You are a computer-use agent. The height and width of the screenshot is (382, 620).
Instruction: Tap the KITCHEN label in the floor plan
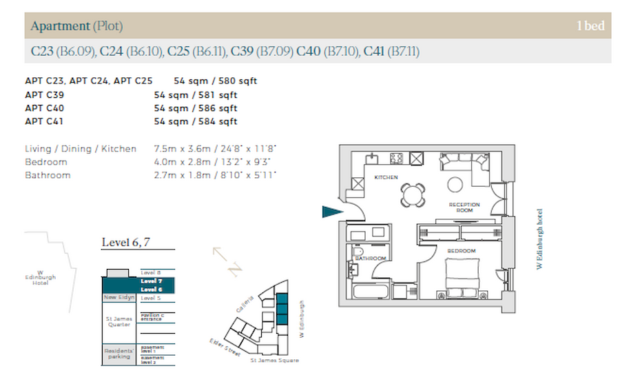point(386,177)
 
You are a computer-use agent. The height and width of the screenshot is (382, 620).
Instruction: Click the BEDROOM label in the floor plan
point(461,250)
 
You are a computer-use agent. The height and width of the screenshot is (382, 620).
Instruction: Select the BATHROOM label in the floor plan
point(369,259)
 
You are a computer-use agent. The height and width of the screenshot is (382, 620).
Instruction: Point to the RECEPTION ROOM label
point(464,207)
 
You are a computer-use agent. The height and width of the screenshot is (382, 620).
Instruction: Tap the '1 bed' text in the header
point(590,26)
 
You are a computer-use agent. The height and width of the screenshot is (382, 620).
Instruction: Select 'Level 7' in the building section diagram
point(151,281)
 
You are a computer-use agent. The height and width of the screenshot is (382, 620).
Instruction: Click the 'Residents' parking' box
point(119,354)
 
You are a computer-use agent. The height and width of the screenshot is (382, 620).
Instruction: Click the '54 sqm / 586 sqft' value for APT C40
point(196,108)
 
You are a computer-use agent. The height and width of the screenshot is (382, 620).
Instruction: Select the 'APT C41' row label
point(45,121)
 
